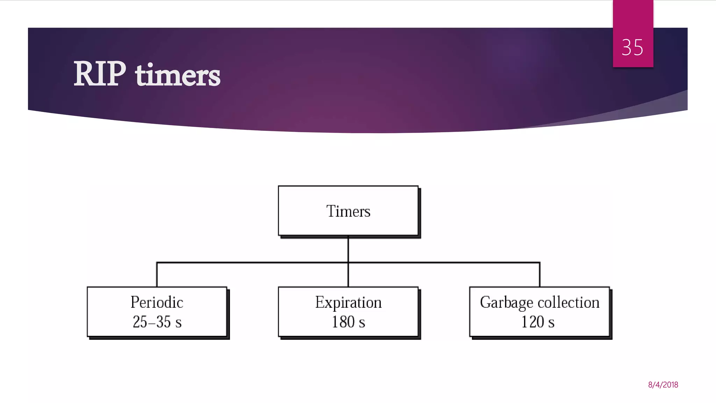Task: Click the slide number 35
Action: point(632,48)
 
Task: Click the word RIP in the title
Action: point(100,74)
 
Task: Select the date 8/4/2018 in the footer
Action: point(663,385)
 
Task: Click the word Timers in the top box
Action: point(348,211)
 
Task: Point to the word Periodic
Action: point(157,302)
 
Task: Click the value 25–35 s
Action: point(157,322)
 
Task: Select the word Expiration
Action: point(348,302)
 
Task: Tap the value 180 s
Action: point(348,322)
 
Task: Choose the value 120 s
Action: point(538,322)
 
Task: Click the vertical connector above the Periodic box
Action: point(157,275)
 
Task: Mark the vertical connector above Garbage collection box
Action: point(539,275)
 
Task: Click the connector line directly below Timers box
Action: point(348,249)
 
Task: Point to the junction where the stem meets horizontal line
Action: point(348,262)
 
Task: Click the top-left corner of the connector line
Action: point(157,262)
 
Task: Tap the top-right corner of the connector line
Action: point(539,262)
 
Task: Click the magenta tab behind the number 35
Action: point(633,17)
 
